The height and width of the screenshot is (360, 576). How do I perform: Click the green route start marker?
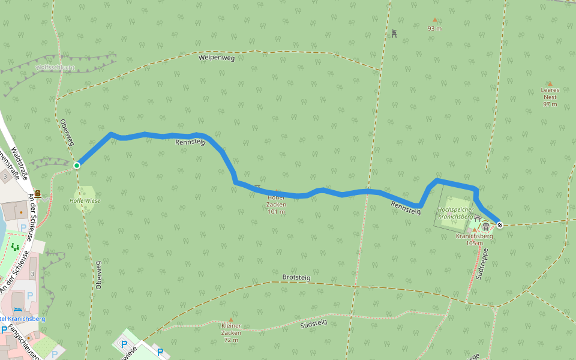pos(77,165)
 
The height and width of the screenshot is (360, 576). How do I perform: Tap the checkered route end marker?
pos(500,225)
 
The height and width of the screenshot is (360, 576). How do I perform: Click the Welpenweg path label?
pos(216,58)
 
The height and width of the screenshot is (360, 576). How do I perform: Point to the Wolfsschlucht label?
pos(55,68)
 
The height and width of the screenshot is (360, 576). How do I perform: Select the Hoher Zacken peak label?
pos(276,204)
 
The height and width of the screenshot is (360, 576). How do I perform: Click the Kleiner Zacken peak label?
pos(231,333)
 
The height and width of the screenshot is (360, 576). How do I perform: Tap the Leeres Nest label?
pos(550,97)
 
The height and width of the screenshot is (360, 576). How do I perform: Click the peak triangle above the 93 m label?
pos(435,20)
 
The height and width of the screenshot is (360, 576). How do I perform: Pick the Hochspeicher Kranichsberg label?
pos(456,213)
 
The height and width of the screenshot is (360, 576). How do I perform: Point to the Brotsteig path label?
pos(296,277)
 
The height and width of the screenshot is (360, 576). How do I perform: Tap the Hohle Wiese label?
pos(85,201)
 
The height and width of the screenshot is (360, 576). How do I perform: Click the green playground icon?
pos(14,247)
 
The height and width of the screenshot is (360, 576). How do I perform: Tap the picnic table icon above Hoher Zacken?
pos(258,187)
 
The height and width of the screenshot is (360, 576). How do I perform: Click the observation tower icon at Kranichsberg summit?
pos(486,226)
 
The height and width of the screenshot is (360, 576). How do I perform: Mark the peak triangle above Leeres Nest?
pos(550,84)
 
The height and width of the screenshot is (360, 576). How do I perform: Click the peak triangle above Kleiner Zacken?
pos(231,320)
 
